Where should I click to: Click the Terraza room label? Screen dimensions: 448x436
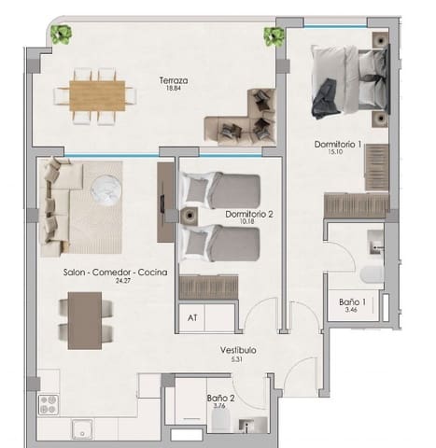tap(174, 81)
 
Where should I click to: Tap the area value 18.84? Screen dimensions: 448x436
tap(174, 91)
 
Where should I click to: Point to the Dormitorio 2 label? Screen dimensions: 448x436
tap(248, 214)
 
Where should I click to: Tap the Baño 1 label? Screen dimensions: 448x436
tap(352, 302)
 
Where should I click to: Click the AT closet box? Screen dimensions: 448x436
tap(193, 317)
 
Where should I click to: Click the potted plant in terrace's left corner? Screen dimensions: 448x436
tap(62, 35)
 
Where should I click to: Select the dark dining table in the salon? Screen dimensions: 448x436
tap(85, 320)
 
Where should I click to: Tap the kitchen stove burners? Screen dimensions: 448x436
tap(48, 404)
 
